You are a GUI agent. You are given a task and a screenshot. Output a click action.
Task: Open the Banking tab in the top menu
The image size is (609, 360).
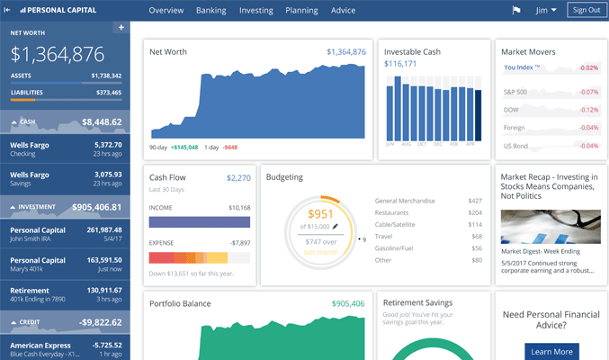(x=210, y=11)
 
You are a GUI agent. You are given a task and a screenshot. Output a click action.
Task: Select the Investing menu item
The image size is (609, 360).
(x=256, y=11)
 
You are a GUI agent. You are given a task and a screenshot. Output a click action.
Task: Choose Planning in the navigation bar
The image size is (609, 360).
(x=301, y=11)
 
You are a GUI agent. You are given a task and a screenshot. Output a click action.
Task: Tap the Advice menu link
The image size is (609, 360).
(x=343, y=11)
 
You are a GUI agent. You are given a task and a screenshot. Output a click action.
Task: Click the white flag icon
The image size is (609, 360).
(x=516, y=11)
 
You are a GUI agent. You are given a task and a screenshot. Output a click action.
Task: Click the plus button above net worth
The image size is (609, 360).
(x=121, y=28)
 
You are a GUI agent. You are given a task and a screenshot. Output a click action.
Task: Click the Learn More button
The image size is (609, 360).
(x=550, y=352)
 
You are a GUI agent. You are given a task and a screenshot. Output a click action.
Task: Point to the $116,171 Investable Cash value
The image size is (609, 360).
(x=400, y=65)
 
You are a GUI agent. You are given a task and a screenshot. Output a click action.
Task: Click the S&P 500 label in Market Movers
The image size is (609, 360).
(x=515, y=93)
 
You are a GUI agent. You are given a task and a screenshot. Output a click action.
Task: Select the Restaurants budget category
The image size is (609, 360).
(x=396, y=213)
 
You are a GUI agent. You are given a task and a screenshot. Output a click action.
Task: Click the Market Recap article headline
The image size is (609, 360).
(x=549, y=186)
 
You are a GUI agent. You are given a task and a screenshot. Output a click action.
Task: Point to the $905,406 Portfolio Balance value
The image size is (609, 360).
(x=348, y=304)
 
